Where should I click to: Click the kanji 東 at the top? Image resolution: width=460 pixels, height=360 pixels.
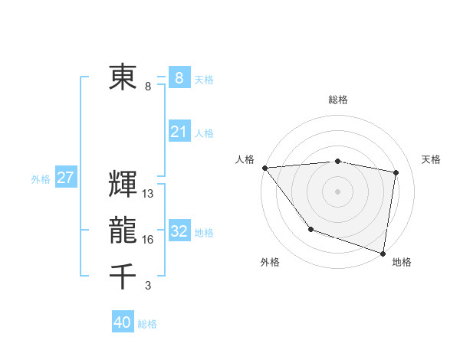[x=123, y=77]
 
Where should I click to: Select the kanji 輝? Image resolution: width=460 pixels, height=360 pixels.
[x=123, y=185]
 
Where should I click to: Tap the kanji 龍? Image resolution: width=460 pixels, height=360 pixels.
[x=123, y=231]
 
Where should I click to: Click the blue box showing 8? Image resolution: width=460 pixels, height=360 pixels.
[x=179, y=77]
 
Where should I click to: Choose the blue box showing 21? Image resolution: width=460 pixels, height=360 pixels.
[x=179, y=132]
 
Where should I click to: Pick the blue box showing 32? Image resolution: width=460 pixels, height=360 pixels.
[x=179, y=231]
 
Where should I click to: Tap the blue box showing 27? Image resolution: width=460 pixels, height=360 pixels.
[x=65, y=178]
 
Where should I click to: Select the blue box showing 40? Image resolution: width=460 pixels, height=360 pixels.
[x=123, y=322]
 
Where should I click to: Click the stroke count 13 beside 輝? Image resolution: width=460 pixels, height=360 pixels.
[x=148, y=194]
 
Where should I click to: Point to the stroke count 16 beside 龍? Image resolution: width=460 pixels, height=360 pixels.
[x=148, y=240]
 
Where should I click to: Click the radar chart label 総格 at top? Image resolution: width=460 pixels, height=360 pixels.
[x=338, y=100]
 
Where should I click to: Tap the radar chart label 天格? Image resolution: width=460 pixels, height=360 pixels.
[x=432, y=159]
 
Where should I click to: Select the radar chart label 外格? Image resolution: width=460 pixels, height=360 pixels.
[x=270, y=262]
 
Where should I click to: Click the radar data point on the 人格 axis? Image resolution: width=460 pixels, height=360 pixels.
[x=264, y=168]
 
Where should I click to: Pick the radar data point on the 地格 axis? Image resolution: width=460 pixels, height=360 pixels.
[x=383, y=252]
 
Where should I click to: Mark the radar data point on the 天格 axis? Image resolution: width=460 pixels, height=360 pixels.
[x=396, y=172]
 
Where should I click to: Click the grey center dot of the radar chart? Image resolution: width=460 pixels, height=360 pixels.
[x=337, y=191]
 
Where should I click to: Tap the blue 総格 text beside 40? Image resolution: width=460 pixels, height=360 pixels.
[x=147, y=324]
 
